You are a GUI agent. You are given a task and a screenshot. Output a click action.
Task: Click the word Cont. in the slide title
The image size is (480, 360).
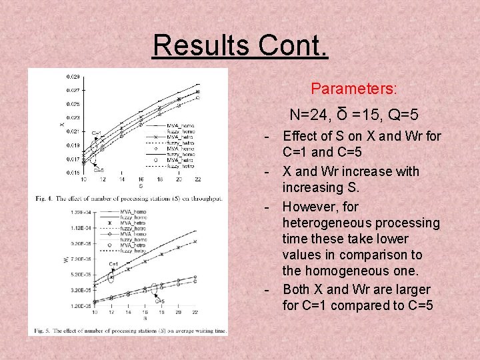pos(295,45)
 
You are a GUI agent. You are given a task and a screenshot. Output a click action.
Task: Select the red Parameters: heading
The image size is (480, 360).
pos(354,88)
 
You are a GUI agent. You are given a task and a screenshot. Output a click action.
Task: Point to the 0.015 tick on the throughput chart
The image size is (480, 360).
pos(72,173)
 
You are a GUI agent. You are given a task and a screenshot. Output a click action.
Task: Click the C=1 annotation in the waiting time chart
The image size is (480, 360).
pos(113,264)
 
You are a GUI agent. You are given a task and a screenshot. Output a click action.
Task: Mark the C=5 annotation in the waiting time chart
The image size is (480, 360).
pos(160,301)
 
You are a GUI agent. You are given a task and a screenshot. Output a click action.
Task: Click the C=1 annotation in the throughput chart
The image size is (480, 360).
pos(96,133)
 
